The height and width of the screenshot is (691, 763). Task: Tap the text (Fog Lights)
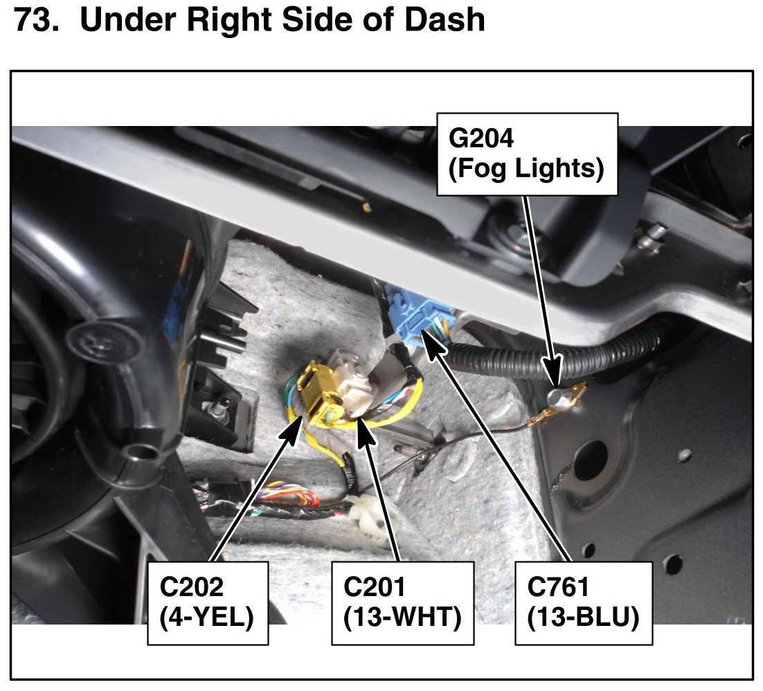tap(526, 168)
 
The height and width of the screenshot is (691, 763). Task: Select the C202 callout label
tap(192, 586)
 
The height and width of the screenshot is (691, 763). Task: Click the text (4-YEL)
tap(206, 617)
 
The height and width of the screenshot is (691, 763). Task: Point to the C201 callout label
tap(375, 586)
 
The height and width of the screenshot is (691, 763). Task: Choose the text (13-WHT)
tap(402, 617)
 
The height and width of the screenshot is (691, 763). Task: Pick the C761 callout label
tap(558, 586)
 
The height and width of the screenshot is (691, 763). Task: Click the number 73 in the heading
tap(33, 20)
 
